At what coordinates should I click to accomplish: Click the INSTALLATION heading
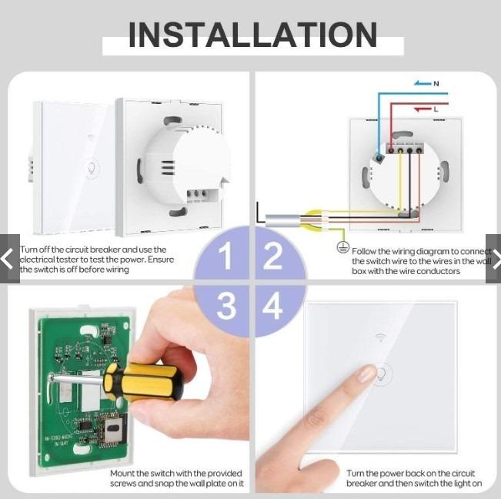252,35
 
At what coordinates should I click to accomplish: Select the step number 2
272,257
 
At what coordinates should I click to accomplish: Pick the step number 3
225,306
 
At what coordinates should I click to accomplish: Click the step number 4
272,306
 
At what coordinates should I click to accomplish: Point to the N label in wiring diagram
436,83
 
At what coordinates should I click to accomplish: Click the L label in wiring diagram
436,109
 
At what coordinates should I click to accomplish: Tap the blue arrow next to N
421,83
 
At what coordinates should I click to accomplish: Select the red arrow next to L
421,109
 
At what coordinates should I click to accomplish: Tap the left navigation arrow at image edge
8,259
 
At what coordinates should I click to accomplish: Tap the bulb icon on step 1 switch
90,168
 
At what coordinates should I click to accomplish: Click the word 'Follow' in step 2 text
366,251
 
